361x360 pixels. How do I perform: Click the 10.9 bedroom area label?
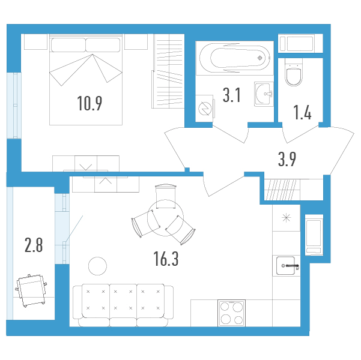pyautogui.click(x=89, y=103)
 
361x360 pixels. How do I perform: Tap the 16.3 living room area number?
pyautogui.click(x=166, y=259)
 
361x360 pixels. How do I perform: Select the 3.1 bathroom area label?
pyautogui.click(x=232, y=95)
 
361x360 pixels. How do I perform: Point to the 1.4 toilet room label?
pyautogui.click(x=302, y=112)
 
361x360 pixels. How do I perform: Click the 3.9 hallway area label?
pyautogui.click(x=287, y=159)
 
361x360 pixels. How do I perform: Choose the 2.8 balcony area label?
pyautogui.click(x=34, y=245)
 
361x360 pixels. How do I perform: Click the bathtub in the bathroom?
pyautogui.click(x=235, y=58)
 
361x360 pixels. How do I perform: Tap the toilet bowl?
pyautogui.click(x=294, y=72)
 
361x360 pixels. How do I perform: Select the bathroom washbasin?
pyautogui.click(x=264, y=94)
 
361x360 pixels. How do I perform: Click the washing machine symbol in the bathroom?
pyautogui.click(x=205, y=109)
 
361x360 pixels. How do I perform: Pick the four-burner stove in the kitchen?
pyautogui.click(x=232, y=313)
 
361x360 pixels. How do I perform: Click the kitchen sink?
pyautogui.click(x=286, y=266)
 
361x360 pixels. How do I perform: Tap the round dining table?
pyautogui.click(x=165, y=218)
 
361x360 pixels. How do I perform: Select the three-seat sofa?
pyautogui.click(x=123, y=305)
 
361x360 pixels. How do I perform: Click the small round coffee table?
pyautogui.click(x=98, y=266)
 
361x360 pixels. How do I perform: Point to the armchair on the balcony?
pyautogui.click(x=31, y=290)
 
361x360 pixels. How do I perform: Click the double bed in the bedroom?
pyautogui.click(x=86, y=80)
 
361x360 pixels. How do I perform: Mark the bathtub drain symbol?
pyautogui.click(x=260, y=58)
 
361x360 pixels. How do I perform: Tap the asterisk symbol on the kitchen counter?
pyautogui.click(x=286, y=218)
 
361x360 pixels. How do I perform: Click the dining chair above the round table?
pyautogui.click(x=166, y=196)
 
